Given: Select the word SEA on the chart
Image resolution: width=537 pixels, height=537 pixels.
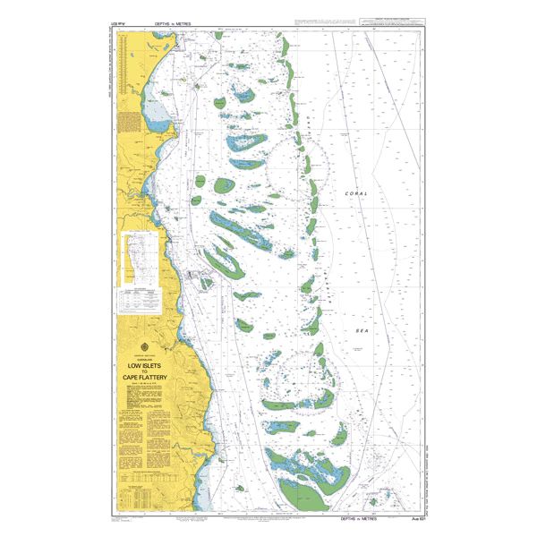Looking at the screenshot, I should [x=362, y=330].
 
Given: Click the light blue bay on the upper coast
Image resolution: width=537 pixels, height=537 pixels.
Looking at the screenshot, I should [x=157, y=113].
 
